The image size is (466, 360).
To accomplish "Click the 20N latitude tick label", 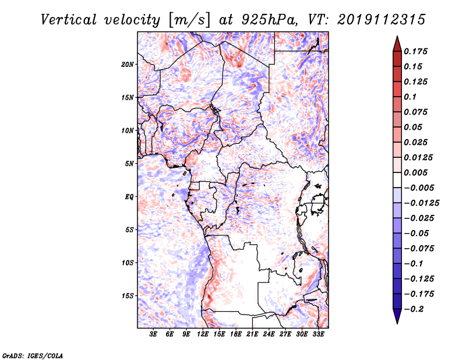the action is (128, 65).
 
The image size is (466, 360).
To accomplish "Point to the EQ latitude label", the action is (129, 197).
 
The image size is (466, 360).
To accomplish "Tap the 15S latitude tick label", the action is (128, 296).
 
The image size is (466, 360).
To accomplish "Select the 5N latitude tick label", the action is (129, 164).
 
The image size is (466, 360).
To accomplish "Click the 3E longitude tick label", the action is (153, 334).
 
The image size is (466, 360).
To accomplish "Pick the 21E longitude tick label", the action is (252, 334).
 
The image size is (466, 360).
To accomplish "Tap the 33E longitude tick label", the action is (318, 334).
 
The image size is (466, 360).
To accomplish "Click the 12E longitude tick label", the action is (202, 334).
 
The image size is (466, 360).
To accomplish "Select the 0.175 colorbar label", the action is (415, 51).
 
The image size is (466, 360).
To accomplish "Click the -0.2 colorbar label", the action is (413, 309).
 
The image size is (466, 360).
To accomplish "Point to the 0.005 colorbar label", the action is (415, 172).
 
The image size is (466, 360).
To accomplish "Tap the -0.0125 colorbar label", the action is (421, 203).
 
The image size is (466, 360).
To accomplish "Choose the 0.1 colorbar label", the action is (410, 97).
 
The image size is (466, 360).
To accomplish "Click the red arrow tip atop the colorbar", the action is (397, 37).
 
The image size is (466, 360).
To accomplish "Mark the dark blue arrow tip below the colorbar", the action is (397, 323).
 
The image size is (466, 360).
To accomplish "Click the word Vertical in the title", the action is (69, 20).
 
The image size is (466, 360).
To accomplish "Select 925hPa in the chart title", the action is (269, 20).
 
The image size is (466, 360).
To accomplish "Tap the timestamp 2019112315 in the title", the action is (382, 20).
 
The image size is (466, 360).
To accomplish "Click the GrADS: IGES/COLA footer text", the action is (33, 356).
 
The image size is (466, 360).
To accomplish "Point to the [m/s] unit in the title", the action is (189, 20).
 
